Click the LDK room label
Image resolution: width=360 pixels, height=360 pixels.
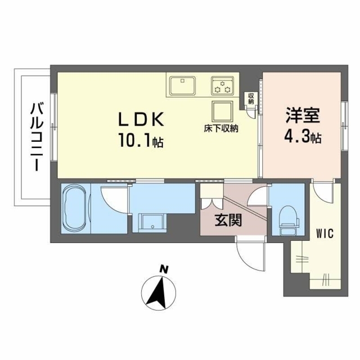pyautogui.click(x=141, y=119)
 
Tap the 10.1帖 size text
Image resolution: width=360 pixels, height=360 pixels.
pyautogui.click(x=141, y=141)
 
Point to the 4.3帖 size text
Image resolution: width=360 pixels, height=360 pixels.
pyautogui.click(x=303, y=137)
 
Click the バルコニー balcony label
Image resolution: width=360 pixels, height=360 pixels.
pyautogui.click(x=37, y=137)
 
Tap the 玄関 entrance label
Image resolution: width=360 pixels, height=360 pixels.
pyautogui.click(x=228, y=220)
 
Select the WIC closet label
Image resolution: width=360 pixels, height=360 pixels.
pyautogui.click(x=325, y=234)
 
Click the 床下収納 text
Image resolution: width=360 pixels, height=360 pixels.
pyautogui.click(x=221, y=128)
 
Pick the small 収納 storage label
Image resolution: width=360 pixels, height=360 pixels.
pyautogui.click(x=251, y=98)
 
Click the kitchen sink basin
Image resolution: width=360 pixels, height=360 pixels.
pyautogui.click(x=183, y=85)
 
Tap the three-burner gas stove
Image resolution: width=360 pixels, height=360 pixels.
pyautogui.click(x=222, y=85)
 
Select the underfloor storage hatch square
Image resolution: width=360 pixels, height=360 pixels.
pyautogui.click(x=222, y=111)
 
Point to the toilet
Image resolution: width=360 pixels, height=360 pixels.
pyautogui.click(x=289, y=220)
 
